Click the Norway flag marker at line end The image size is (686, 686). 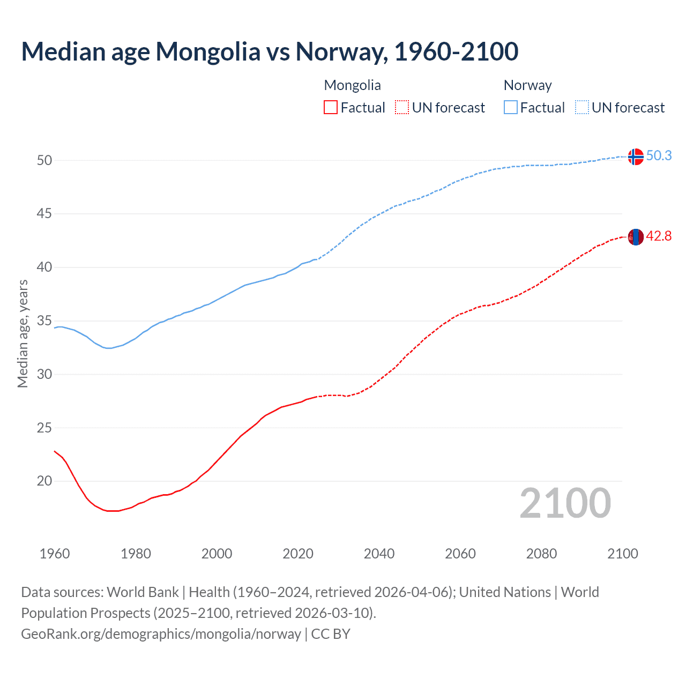pos(635,156)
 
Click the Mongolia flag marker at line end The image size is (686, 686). pos(635,237)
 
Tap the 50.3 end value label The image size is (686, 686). pos(659,155)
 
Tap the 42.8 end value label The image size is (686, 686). pos(659,236)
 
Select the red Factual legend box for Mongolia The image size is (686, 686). pos(331,107)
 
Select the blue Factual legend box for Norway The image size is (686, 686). pos(511,107)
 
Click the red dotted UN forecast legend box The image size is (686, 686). pos(402,107)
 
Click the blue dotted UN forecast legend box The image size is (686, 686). pos(582,107)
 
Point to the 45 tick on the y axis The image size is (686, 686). pos(44,214)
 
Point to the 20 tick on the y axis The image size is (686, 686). pos(44,481)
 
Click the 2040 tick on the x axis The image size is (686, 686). pos(379,554)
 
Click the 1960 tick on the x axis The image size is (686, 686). pos(55,554)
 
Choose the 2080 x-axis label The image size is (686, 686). pos(541,554)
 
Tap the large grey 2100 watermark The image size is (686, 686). pos(565,503)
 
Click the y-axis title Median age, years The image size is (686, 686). pos(23,333)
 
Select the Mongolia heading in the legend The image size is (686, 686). pos(352,85)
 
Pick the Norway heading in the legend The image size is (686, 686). pos(527,85)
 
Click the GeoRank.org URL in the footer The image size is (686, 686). pos(161,633)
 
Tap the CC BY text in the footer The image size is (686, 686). pos(331,633)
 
